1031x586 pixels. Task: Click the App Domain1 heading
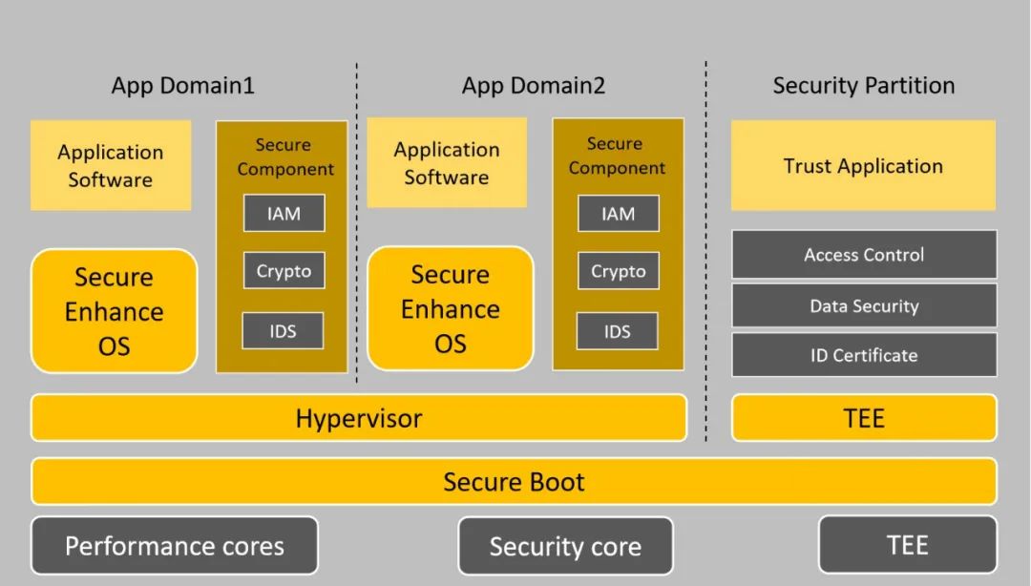[x=182, y=86]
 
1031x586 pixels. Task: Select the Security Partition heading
[x=863, y=86]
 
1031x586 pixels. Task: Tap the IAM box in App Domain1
[x=284, y=213]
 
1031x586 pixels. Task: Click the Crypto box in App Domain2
[x=618, y=271]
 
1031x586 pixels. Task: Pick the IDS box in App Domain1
[x=283, y=331]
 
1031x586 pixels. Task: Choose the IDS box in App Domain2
[x=617, y=331]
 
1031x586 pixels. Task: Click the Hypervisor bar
[x=358, y=418]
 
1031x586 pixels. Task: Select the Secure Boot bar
[x=514, y=481]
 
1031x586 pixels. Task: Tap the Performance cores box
[x=174, y=546]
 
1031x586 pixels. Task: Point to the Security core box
[x=565, y=547]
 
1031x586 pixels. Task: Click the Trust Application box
[x=863, y=165]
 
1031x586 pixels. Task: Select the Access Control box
[x=864, y=255]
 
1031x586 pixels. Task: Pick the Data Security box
[x=864, y=306]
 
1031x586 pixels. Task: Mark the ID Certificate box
[x=864, y=355]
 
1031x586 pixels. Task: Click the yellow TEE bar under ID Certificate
[x=864, y=418]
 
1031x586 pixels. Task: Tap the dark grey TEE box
[x=907, y=545]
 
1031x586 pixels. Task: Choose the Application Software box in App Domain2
[x=447, y=163]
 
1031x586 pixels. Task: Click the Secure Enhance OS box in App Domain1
[x=114, y=311]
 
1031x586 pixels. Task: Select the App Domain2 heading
[x=533, y=86]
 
